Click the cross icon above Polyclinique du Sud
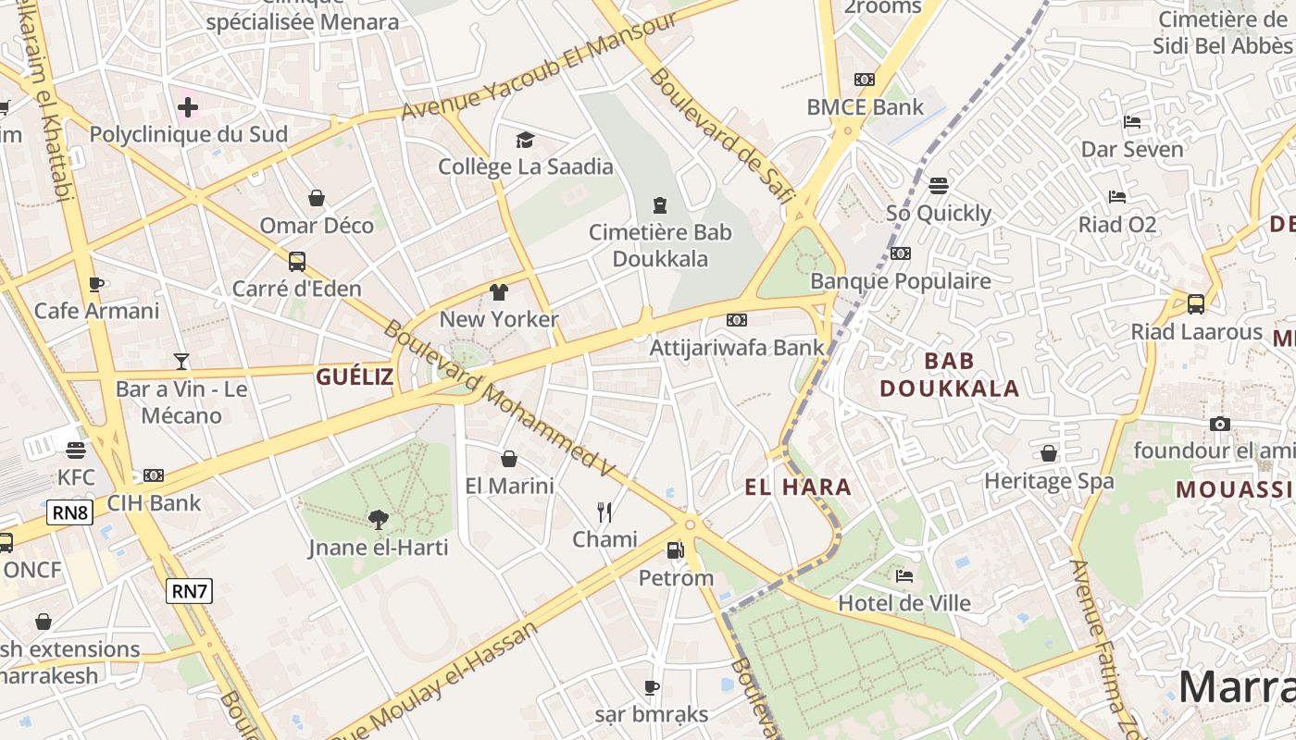[188, 107]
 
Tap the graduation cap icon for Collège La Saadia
[526, 140]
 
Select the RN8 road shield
[70, 512]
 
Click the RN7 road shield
[190, 591]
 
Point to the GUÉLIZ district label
[355, 376]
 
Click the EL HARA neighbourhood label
[798, 487]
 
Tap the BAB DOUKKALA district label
[950, 374]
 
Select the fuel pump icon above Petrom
[676, 550]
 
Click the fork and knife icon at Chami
[604, 512]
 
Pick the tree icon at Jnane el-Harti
[378, 519]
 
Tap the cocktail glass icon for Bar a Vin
[181, 361]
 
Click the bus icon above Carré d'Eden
[296, 261]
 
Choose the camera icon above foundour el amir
[1220, 424]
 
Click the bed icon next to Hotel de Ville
[904, 575]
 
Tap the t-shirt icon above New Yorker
[499, 292]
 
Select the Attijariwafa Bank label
[737, 348]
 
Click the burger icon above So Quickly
[939, 185]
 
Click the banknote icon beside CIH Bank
[154, 475]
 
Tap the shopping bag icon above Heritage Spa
[1049, 453]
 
